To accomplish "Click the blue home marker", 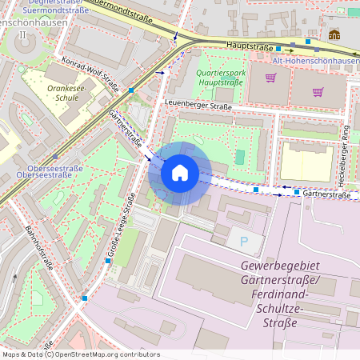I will (x=180, y=173).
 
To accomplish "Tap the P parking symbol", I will (x=243, y=241).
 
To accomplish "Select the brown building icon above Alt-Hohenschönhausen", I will (x=334, y=34).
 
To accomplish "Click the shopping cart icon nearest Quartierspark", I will (x=270, y=78).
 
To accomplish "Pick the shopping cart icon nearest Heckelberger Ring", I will (x=318, y=91).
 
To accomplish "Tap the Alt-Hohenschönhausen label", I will (x=315, y=61).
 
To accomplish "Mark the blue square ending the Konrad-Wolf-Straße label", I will (x=130, y=90).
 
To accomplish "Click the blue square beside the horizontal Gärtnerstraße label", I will (x=296, y=193).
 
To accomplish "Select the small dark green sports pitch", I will (x=239, y=156).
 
